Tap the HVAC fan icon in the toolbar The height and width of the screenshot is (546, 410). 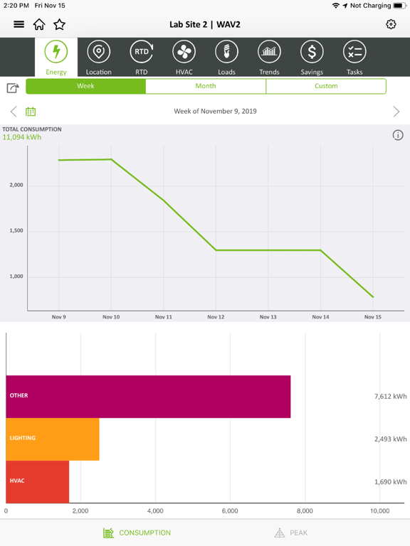click(x=184, y=53)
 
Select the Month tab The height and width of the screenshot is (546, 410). click(x=206, y=86)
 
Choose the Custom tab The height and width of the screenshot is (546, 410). click(x=326, y=86)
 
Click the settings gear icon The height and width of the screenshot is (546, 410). click(x=391, y=24)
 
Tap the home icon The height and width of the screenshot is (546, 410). click(x=39, y=24)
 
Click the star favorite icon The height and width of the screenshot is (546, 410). click(x=60, y=24)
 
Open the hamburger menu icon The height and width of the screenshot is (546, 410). click(x=19, y=24)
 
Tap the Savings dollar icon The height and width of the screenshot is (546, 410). click(x=312, y=53)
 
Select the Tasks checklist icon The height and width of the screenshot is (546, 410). click(x=354, y=53)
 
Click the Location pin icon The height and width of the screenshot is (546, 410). click(x=98, y=53)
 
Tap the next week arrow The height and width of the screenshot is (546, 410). click(x=396, y=112)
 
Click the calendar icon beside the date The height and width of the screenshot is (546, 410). click(x=31, y=112)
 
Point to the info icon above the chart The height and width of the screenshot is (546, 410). click(x=398, y=135)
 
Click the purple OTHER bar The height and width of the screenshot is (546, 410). click(x=148, y=396)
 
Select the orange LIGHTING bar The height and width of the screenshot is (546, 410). click(x=53, y=439)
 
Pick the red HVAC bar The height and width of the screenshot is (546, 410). click(x=38, y=481)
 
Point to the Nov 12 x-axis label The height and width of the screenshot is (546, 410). click(x=216, y=317)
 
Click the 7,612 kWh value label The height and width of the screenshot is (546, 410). click(x=390, y=396)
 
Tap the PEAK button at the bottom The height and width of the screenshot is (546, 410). click(x=291, y=532)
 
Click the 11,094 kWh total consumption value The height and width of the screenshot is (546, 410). click(x=22, y=137)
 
